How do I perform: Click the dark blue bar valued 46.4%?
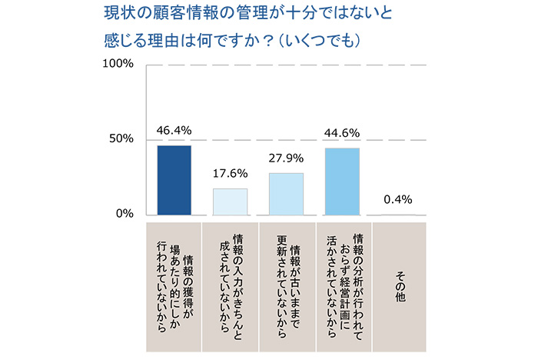click(x=174, y=180)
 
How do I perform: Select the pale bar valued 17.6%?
click(x=230, y=201)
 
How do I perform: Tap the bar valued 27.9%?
click(x=286, y=194)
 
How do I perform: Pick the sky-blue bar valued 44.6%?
click(x=342, y=181)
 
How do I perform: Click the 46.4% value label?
click(x=174, y=130)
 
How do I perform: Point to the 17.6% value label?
click(x=230, y=172)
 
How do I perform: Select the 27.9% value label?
click(x=286, y=158)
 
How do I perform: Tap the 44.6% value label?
click(x=342, y=132)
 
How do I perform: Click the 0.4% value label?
click(x=398, y=199)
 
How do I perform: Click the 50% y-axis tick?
click(x=121, y=139)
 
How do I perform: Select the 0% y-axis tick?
click(x=125, y=214)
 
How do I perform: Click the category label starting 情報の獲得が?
click(x=173, y=284)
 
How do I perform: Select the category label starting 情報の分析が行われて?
click(x=343, y=284)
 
